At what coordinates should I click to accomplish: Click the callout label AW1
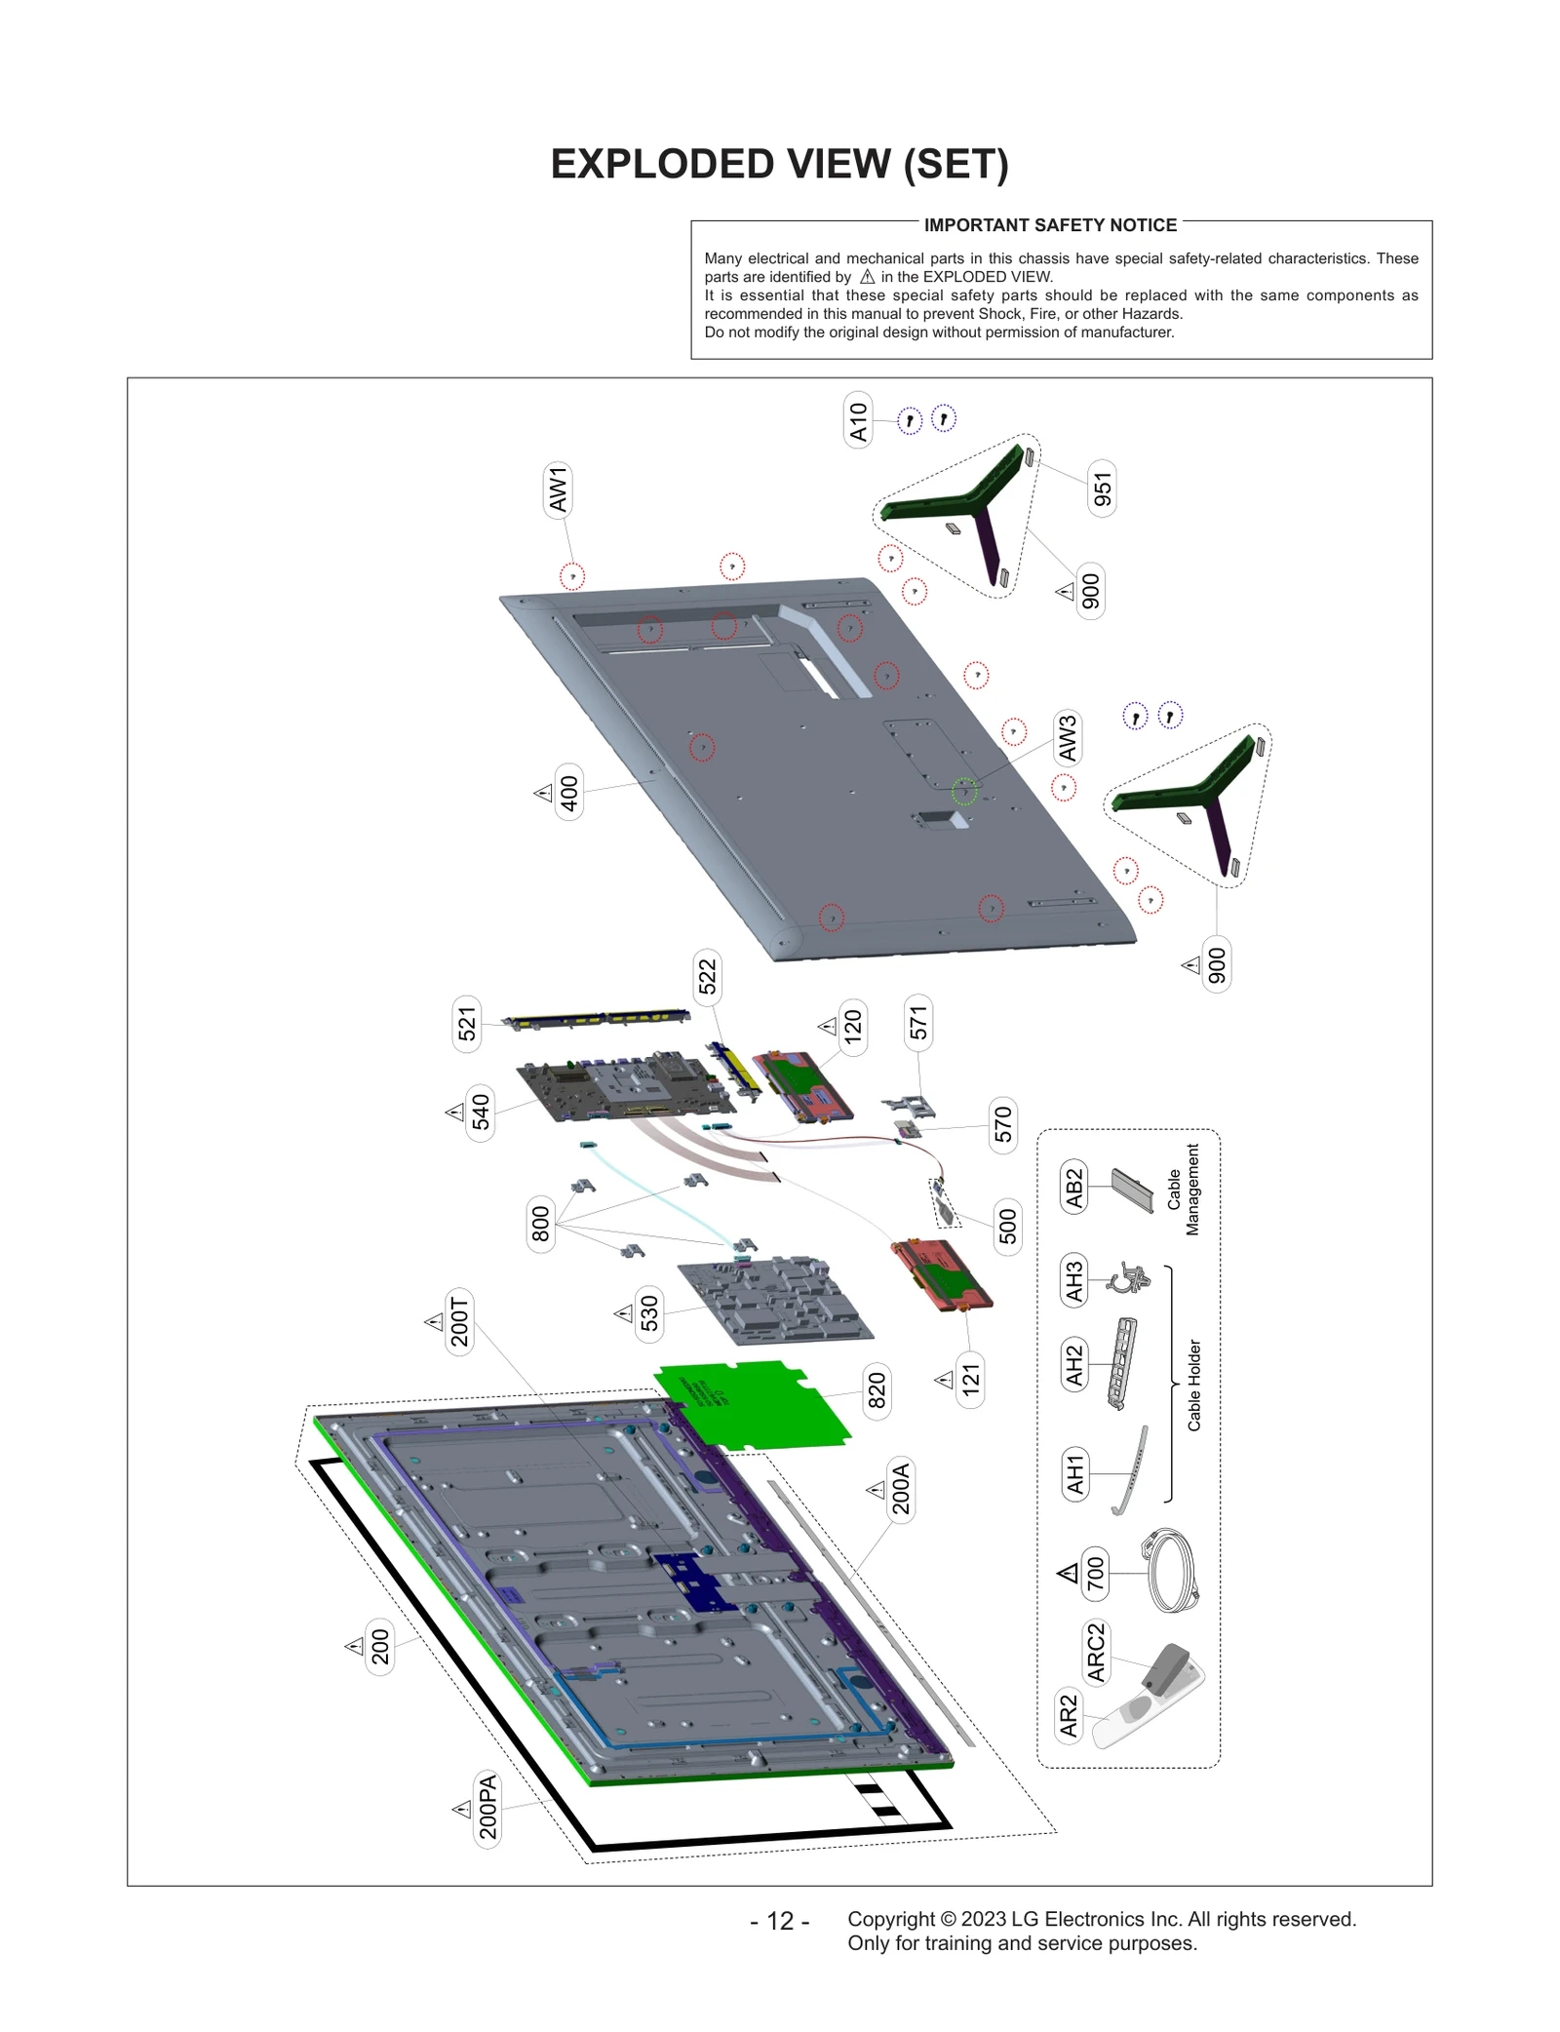pos(558,488)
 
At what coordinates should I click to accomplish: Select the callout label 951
pos(1102,488)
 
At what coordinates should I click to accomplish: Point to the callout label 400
pos(568,792)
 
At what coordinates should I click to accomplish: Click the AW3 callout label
pos(1068,738)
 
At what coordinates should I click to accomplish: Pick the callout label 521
pos(467,1023)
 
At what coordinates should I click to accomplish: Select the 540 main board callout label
pos(481,1112)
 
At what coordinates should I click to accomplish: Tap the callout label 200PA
pos(487,1807)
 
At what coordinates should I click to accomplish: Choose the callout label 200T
pos(459,1322)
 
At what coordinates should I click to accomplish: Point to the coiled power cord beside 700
pos(1173,1572)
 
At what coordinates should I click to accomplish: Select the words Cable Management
pos(1183,1189)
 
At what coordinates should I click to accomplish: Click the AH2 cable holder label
pos(1074,1365)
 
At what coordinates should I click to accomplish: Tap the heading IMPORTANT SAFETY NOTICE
pos(1050,225)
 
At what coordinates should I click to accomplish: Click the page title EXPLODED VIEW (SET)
pos(779,164)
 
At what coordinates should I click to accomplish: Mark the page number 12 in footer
pos(779,1920)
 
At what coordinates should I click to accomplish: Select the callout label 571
pos(917,1023)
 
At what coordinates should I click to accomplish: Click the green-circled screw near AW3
pos(964,791)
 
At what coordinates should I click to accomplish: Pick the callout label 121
pos(970,1379)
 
